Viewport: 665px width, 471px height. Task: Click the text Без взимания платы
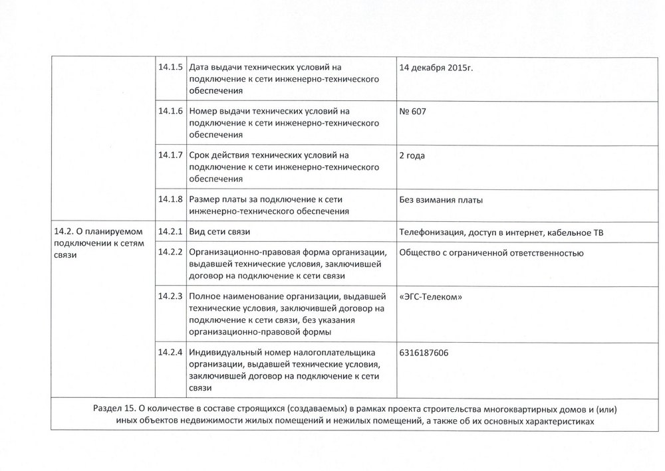tap(440, 199)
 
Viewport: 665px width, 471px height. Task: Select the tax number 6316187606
tap(424, 352)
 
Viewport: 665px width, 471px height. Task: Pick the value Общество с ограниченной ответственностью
tap(491, 253)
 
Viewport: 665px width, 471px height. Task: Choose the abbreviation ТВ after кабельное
tap(597, 232)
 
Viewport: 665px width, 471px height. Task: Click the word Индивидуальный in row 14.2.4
tap(225, 352)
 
